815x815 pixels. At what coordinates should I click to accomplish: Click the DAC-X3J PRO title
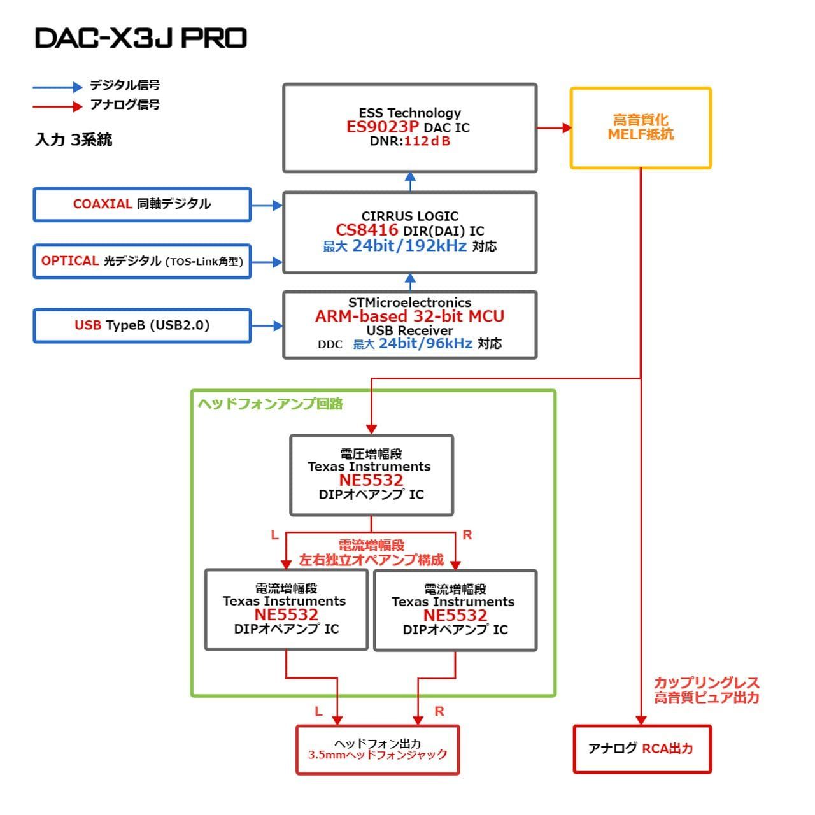click(x=141, y=38)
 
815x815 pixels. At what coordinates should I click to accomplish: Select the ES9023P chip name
click(x=382, y=127)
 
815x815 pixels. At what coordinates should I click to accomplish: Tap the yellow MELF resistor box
click(x=640, y=128)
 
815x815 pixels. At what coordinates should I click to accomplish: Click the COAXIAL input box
click(x=142, y=204)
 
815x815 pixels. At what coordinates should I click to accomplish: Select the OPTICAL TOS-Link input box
click(x=142, y=261)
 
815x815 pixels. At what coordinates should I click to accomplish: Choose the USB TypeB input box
click(x=142, y=325)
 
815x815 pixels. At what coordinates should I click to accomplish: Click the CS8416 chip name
click(x=367, y=230)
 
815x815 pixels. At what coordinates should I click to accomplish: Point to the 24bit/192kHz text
click(x=409, y=246)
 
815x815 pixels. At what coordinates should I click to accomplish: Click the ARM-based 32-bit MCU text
click(x=409, y=316)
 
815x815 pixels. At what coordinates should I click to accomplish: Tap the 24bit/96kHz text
click(x=425, y=344)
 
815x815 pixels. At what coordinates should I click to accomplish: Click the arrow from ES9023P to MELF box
click(x=553, y=128)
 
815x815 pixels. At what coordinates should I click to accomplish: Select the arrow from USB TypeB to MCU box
click(x=267, y=326)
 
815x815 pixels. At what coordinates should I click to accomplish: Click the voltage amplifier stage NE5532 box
click(x=371, y=475)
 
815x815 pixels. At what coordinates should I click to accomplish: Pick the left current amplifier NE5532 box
click(x=287, y=609)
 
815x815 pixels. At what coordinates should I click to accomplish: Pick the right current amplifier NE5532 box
click(x=455, y=610)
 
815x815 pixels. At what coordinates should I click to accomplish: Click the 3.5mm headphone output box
click(x=378, y=749)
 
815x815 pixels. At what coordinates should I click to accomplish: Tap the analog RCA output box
click(x=641, y=749)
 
